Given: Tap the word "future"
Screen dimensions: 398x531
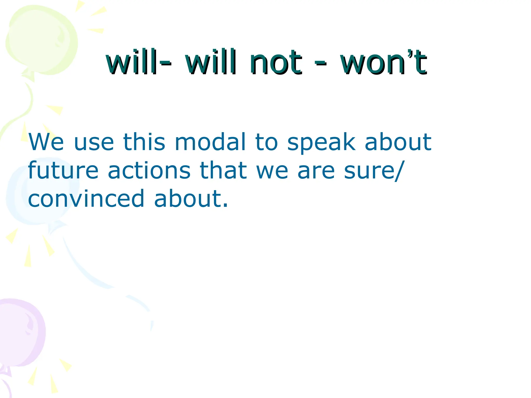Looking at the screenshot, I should coord(63,170).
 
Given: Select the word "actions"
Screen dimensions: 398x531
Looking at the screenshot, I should coord(149,170).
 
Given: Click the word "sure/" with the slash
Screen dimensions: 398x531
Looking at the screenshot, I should coord(373,170).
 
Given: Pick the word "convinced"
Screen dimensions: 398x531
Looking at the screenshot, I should coord(86,199).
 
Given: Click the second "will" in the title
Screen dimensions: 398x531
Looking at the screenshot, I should coord(211,62).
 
